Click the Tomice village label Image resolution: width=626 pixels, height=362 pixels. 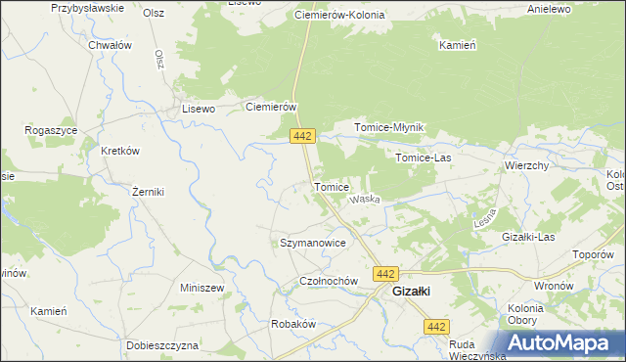(331, 187)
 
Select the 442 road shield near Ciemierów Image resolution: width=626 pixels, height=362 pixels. (301, 137)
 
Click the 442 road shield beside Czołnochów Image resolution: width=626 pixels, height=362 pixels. (385, 274)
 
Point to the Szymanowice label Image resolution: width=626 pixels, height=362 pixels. (313, 242)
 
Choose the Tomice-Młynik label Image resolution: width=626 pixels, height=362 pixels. (388, 128)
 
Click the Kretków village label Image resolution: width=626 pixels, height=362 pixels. (121, 151)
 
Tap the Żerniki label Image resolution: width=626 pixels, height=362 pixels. (148, 192)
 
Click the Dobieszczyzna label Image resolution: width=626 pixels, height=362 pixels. (162, 345)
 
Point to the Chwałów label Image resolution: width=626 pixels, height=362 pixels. (110, 45)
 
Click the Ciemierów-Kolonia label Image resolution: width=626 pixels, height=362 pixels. (339, 17)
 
